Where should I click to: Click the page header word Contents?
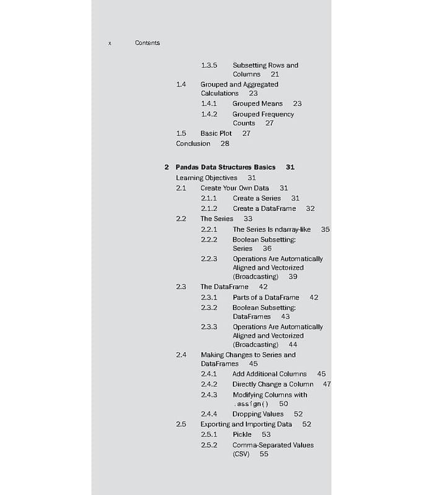click(147, 43)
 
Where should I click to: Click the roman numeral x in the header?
click(110, 43)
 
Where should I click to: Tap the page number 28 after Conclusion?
click(225, 144)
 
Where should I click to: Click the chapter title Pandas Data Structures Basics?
click(225, 167)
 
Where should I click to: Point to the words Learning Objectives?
click(206, 178)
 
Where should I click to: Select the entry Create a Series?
click(256, 198)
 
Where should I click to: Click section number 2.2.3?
click(209, 259)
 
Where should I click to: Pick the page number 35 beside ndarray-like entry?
click(325, 229)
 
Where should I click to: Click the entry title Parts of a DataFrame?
click(266, 298)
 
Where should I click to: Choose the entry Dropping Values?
click(258, 414)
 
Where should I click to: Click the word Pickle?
click(242, 434)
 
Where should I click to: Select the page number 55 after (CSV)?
click(264, 454)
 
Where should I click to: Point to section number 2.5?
click(181, 424)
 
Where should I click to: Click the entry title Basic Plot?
click(216, 133)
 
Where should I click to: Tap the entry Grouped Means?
click(257, 103)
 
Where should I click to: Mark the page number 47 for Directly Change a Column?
click(327, 384)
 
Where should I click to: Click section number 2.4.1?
click(209, 374)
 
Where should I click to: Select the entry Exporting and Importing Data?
click(246, 424)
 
